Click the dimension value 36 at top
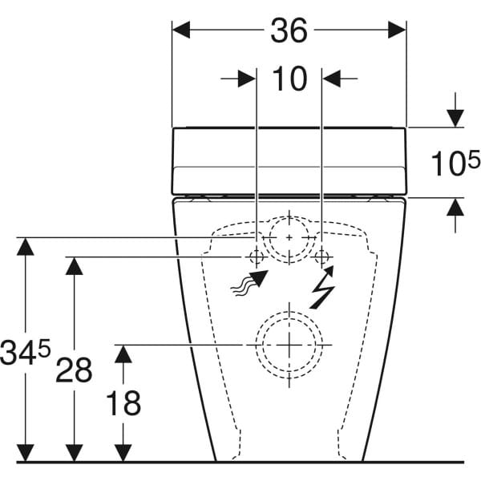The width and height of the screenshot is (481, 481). tap(289, 30)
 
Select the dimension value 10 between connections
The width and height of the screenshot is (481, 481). tap(289, 79)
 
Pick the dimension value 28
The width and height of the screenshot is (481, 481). tap(74, 370)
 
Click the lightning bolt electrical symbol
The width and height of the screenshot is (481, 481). tap(322, 290)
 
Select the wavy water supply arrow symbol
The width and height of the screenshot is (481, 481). tap(248, 284)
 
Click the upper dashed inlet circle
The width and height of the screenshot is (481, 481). tap(289, 238)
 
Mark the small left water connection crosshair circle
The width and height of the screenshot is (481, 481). tap(256, 257)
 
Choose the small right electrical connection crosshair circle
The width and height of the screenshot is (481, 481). tap(322, 257)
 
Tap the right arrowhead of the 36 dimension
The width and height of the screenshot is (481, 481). tap(397, 30)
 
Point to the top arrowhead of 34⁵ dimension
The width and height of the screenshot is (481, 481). tap(27, 246)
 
